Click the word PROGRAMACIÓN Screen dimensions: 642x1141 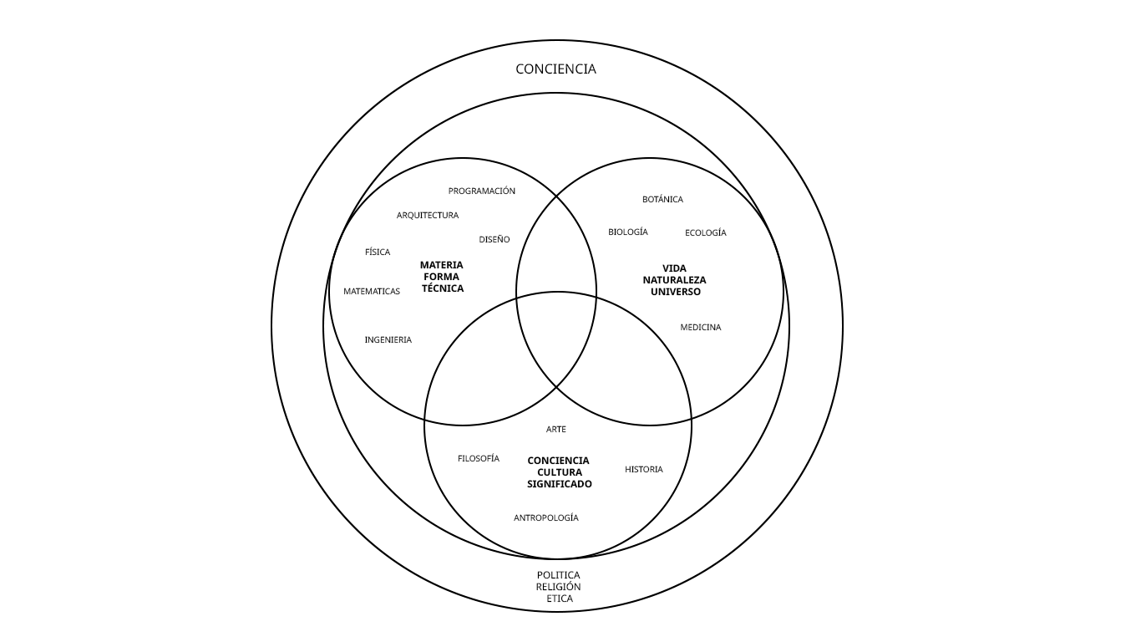pos(481,191)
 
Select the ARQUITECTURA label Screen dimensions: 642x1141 pos(427,216)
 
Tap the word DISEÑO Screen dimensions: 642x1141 pos(494,240)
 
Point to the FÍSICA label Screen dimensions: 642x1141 pos(377,252)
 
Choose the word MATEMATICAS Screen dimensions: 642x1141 pos(372,292)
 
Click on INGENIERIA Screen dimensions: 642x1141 pos(388,340)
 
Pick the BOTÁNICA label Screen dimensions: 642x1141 pos(662,200)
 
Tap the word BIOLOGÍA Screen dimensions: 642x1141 pos(627,232)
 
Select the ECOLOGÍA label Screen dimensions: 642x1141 pos(705,233)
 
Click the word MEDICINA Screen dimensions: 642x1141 pos(700,328)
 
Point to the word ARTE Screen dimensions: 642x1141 pos(555,430)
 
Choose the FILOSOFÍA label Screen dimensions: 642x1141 pos(478,459)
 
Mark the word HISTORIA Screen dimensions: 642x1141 pos(643,470)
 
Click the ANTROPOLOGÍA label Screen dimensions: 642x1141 pos(545,518)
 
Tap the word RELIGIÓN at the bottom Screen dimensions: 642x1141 pos(558,587)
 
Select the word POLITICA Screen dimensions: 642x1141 pos(558,576)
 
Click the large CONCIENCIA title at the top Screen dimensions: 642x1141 pos(555,69)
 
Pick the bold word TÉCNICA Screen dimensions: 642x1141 pos(442,288)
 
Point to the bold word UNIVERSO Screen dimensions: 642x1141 pos(675,292)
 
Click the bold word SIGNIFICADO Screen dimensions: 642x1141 pos(559,484)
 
